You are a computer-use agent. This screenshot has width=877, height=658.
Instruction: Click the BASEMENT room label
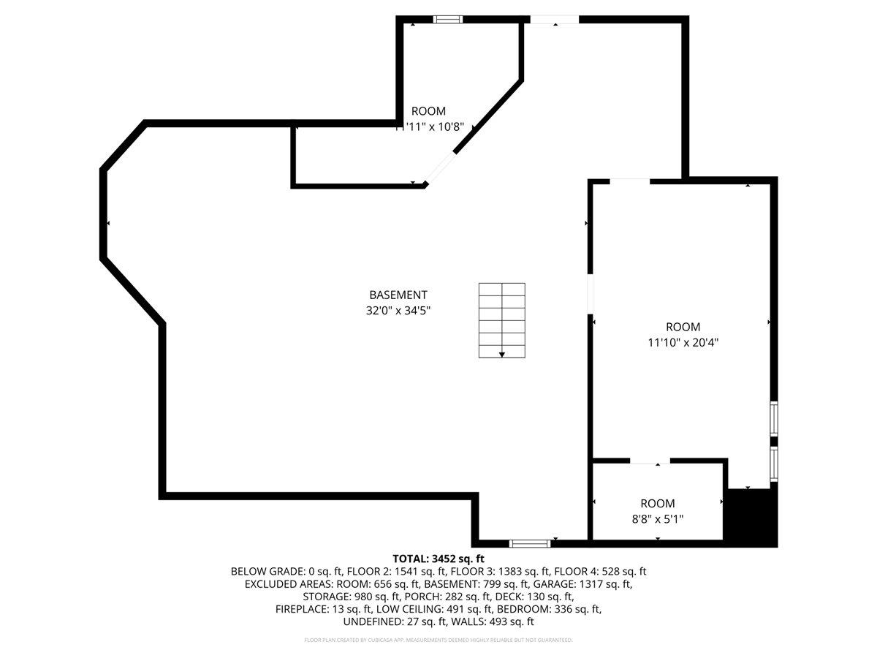[x=398, y=295]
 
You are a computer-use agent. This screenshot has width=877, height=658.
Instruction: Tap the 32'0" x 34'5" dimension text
[x=398, y=309]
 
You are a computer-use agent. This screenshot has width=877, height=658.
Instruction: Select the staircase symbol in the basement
[x=502, y=320]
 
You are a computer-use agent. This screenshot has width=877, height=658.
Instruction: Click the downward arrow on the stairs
[x=502, y=354]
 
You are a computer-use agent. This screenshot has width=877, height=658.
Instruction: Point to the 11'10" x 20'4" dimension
[x=683, y=341]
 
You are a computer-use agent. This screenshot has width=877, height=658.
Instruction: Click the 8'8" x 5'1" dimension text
[x=658, y=518]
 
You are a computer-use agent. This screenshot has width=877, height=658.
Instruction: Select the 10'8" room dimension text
[x=428, y=126]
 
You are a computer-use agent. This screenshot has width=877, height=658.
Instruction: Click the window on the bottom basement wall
[x=530, y=543]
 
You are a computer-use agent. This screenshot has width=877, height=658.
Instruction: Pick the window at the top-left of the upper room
[x=448, y=19]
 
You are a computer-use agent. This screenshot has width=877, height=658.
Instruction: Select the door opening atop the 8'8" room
[x=650, y=461]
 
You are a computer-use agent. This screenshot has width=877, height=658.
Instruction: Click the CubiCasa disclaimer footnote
[x=438, y=640]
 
